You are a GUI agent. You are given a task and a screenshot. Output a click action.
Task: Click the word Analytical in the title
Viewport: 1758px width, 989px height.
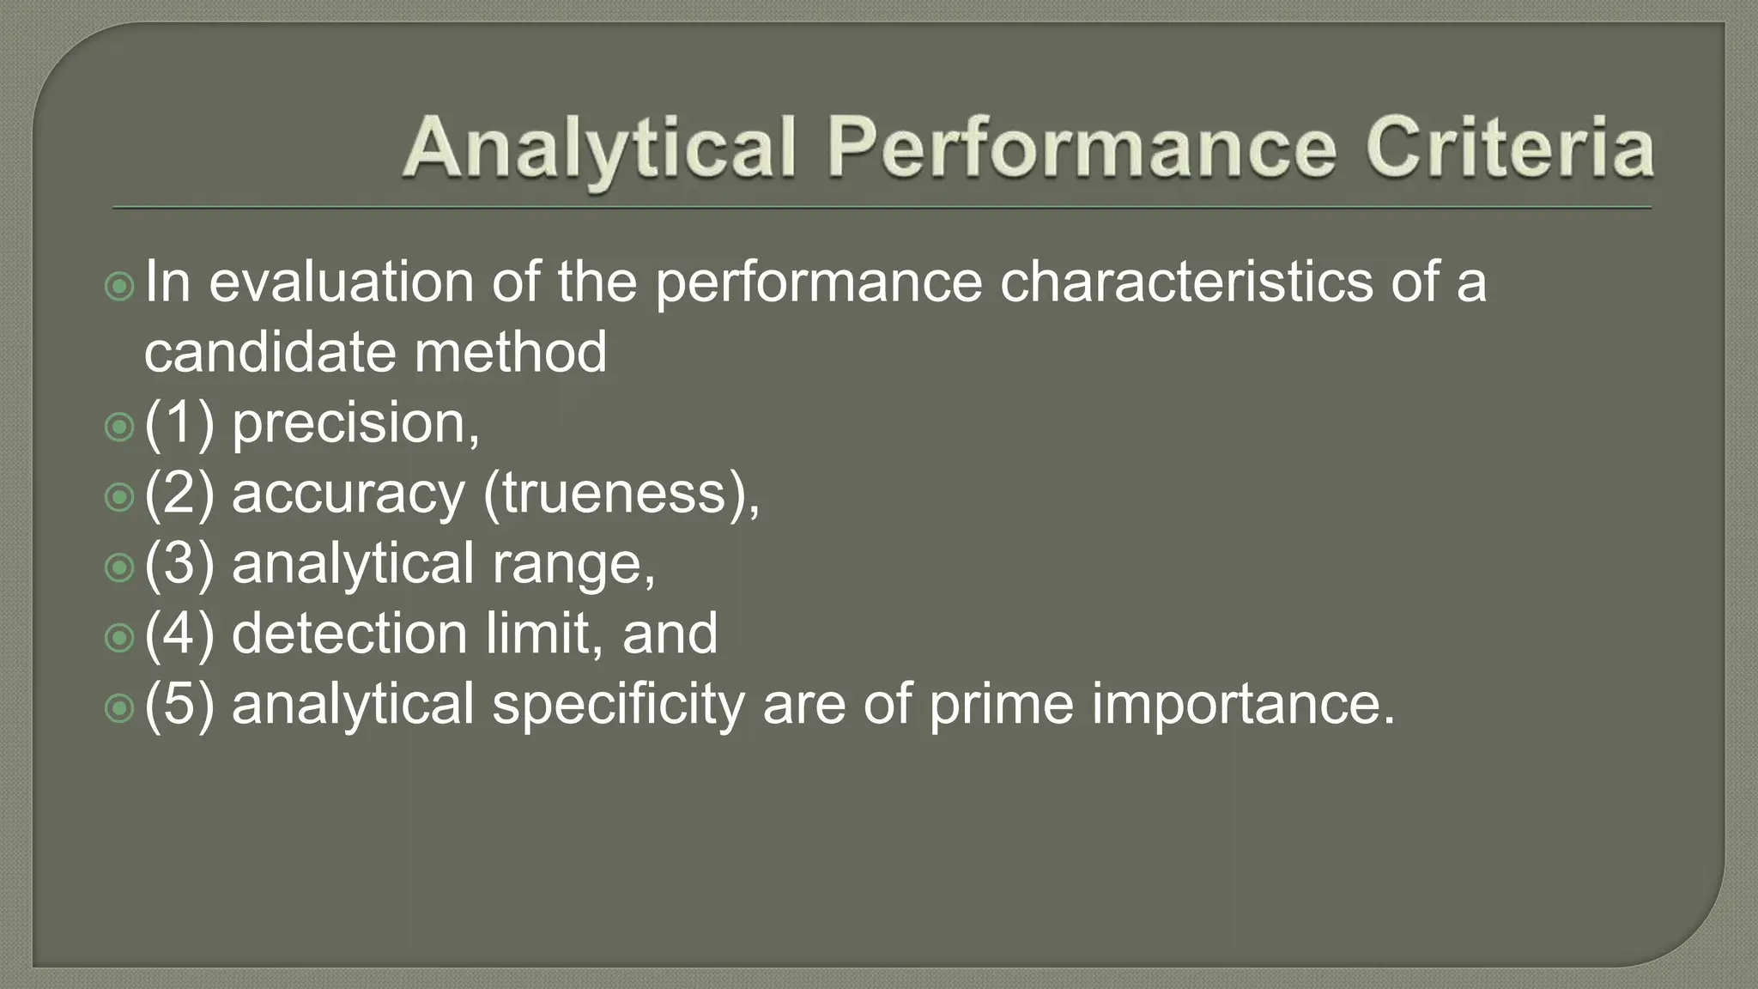click(598, 149)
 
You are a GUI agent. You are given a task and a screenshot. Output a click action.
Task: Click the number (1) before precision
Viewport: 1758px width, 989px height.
click(179, 423)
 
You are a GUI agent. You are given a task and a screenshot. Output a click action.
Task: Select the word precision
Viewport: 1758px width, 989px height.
click(355, 425)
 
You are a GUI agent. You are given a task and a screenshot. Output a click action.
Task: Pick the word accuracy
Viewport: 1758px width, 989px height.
click(348, 495)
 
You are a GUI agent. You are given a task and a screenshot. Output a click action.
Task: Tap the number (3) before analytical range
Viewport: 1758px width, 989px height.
click(179, 564)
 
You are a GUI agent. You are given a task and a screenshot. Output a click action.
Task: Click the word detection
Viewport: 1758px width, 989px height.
click(349, 634)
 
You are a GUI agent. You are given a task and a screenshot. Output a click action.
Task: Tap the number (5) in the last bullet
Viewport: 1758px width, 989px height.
click(179, 705)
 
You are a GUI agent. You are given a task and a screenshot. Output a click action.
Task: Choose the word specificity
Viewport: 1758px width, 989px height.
click(618, 706)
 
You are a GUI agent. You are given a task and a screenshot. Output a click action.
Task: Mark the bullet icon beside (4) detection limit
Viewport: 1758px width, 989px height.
click(119, 637)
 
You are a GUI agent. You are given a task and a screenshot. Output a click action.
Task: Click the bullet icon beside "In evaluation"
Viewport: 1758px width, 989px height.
click(119, 286)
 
